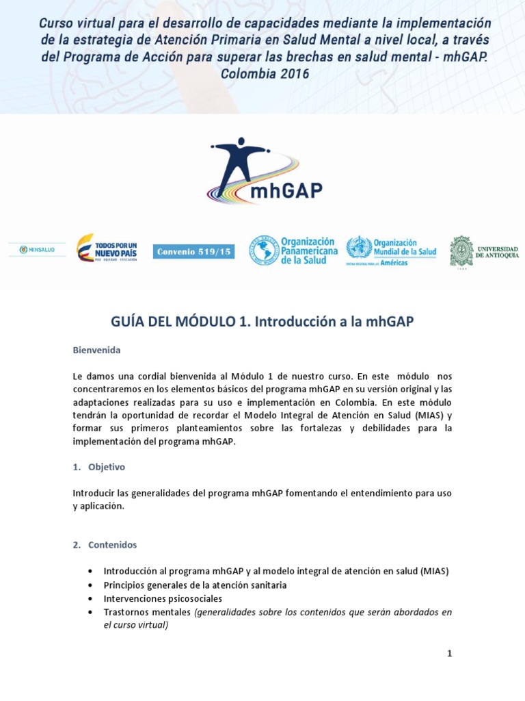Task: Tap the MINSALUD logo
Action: coord(37,250)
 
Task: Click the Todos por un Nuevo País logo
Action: coord(107,250)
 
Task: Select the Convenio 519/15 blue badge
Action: coord(194,252)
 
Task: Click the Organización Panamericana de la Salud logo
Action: coord(293,251)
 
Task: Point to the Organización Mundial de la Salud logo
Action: coord(390,251)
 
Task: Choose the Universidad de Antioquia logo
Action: coord(483,251)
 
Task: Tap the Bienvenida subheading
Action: coord(96,350)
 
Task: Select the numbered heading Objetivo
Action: coord(106,467)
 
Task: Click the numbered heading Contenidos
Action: coord(112,545)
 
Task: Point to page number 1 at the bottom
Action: coord(449,653)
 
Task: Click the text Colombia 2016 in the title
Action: coord(265,74)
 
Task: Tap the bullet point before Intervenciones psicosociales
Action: coord(91,598)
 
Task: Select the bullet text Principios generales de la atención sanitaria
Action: coord(195,585)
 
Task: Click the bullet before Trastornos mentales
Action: coord(91,612)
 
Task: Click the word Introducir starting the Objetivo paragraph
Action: coord(94,494)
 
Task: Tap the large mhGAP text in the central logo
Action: coord(286,190)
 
